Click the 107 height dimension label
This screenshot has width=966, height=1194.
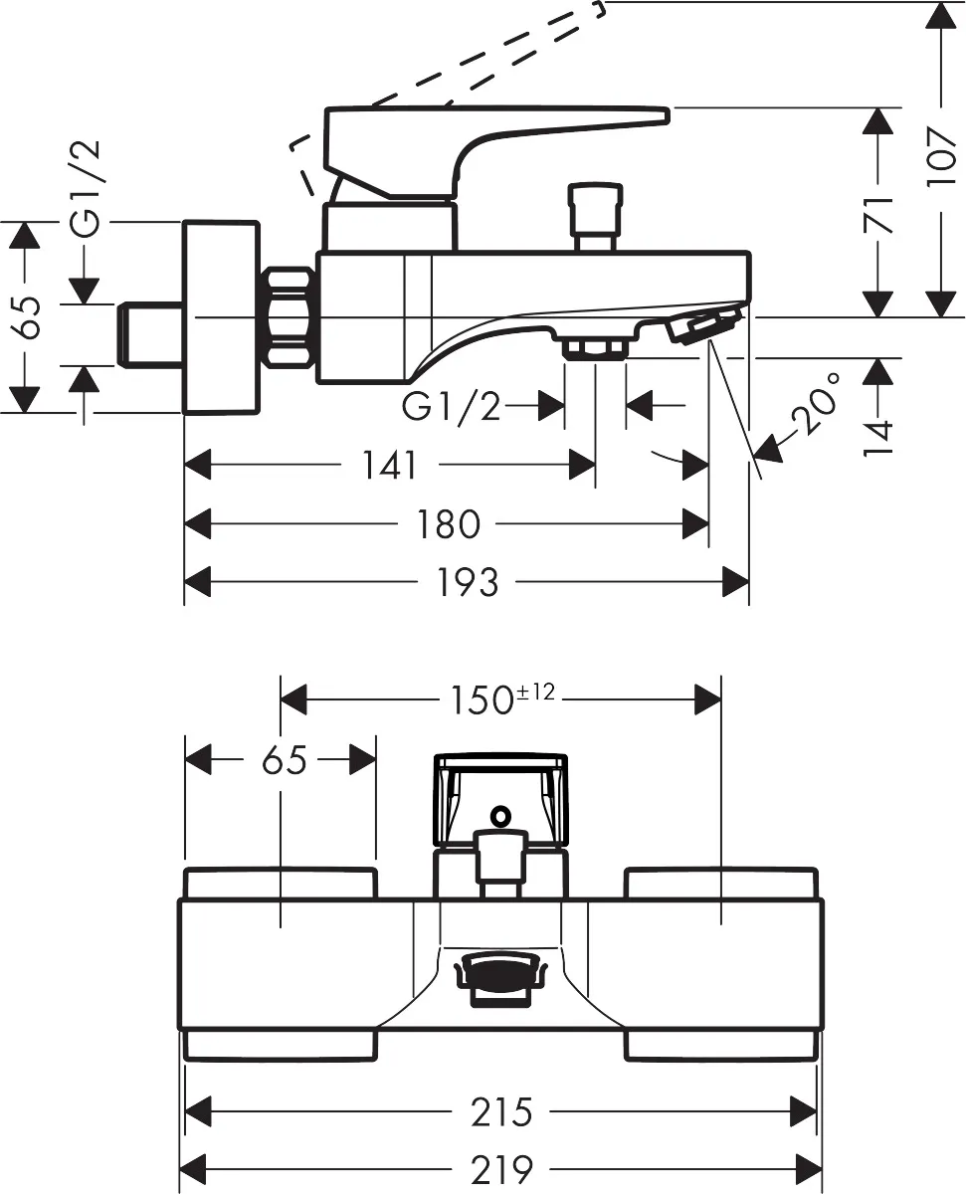(x=941, y=157)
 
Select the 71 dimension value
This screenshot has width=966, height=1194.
(x=878, y=214)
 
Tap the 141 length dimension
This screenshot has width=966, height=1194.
(x=389, y=465)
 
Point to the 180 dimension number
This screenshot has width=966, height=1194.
(x=449, y=524)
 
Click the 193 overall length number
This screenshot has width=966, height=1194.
(x=467, y=582)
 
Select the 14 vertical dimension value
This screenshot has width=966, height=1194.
(x=878, y=439)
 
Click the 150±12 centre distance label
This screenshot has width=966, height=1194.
(x=502, y=698)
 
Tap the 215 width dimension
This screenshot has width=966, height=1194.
(x=501, y=1112)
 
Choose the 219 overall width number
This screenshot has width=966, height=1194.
(x=501, y=1170)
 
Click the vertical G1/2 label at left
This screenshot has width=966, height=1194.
(x=86, y=188)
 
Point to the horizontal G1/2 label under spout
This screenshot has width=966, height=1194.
(x=451, y=406)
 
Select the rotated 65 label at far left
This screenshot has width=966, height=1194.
(x=26, y=317)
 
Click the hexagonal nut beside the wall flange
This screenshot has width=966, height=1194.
(x=290, y=318)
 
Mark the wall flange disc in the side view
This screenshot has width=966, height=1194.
(x=221, y=317)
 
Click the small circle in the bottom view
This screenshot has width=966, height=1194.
(x=500, y=815)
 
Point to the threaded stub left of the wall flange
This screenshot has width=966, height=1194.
(x=150, y=335)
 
